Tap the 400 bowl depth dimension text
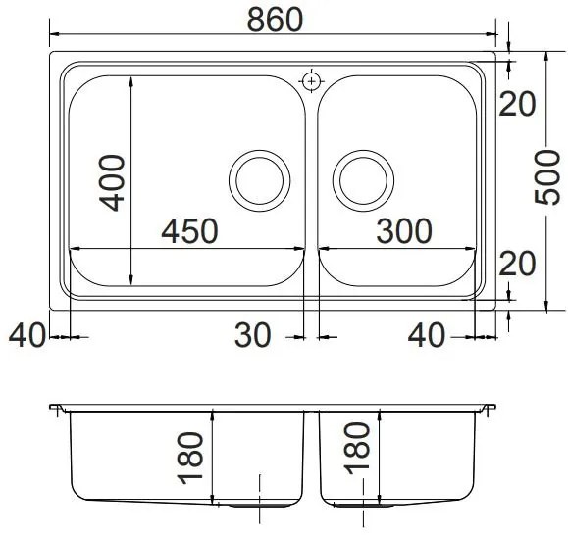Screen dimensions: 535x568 pyautogui.click(x=114, y=181)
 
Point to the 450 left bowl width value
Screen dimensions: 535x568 pyautogui.click(x=189, y=230)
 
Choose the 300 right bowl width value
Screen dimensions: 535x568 pyautogui.click(x=403, y=230)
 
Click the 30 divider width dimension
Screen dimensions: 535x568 pyautogui.click(x=252, y=336)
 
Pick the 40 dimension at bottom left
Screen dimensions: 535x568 pyautogui.click(x=26, y=336)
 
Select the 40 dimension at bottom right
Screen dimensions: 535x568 pyautogui.click(x=427, y=336)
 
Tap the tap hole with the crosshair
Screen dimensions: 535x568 pyautogui.click(x=312, y=79)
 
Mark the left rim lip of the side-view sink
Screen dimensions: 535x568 pyautogui.click(x=57, y=408)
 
